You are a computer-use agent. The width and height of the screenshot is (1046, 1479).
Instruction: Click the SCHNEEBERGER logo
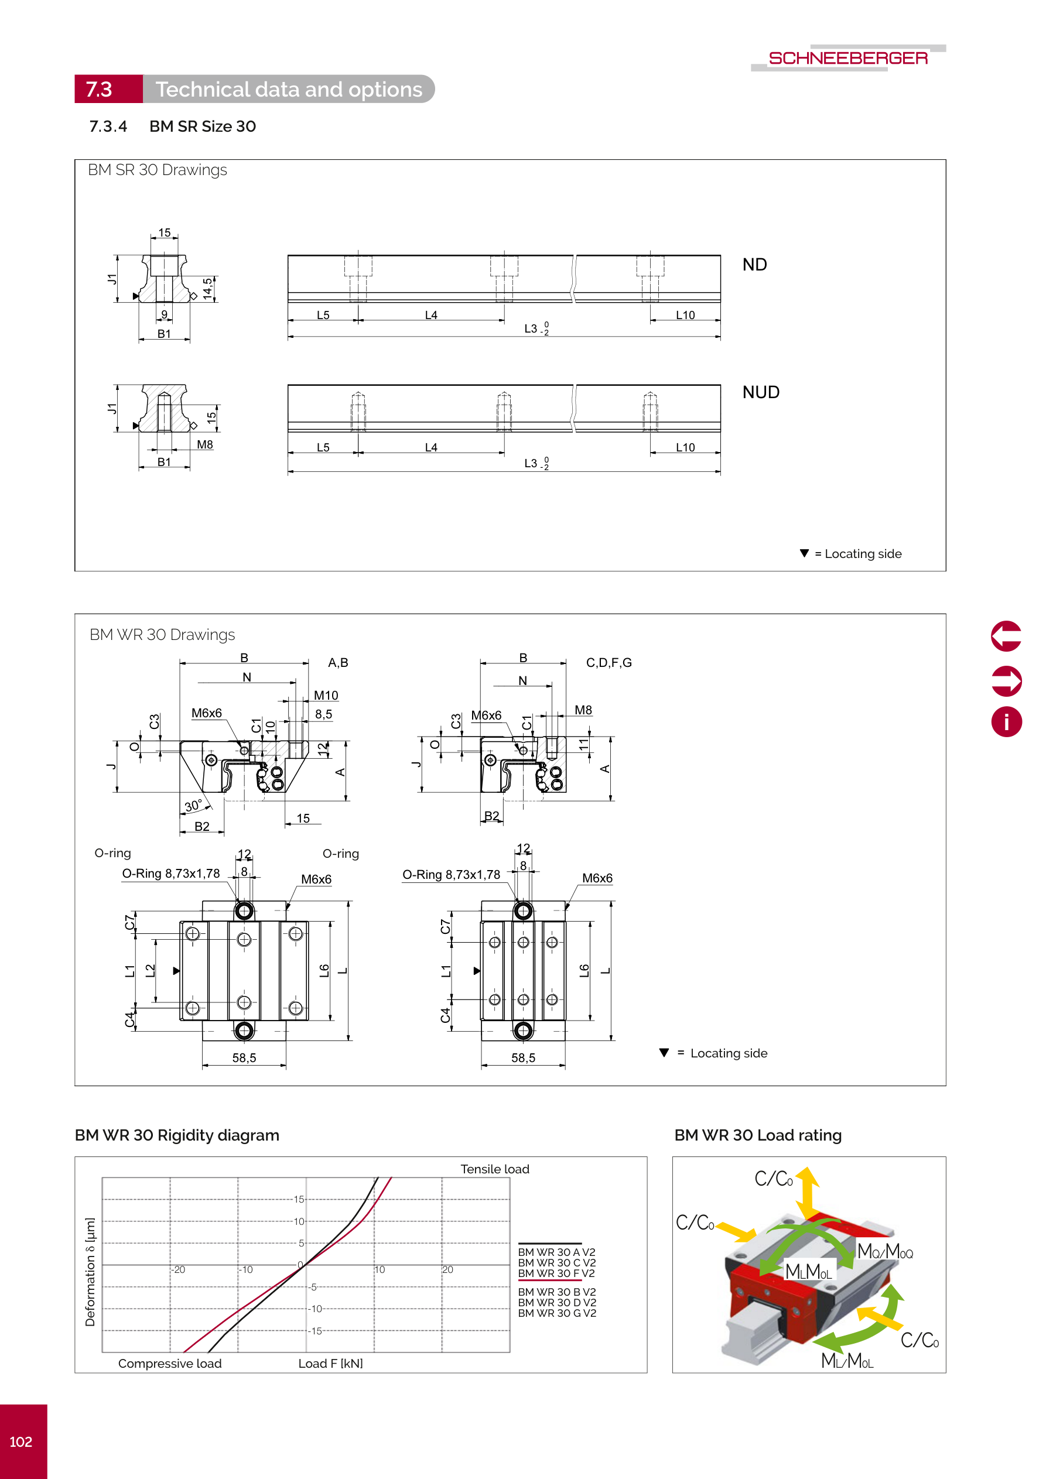[x=847, y=58]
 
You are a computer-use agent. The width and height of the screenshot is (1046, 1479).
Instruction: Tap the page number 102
[x=20, y=1442]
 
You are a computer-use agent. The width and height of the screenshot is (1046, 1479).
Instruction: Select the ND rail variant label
[x=754, y=265]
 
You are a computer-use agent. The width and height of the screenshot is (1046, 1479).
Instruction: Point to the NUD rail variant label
[x=761, y=392]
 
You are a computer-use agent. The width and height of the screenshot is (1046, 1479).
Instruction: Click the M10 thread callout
[x=326, y=696]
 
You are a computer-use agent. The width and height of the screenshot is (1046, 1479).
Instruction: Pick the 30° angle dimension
[x=193, y=806]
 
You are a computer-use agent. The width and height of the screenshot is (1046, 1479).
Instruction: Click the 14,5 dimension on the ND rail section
[x=207, y=288]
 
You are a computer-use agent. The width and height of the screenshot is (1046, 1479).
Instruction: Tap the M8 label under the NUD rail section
[x=205, y=444]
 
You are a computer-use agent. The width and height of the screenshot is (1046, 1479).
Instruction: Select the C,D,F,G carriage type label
[x=609, y=663]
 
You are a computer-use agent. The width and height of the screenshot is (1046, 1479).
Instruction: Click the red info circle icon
[x=1006, y=721]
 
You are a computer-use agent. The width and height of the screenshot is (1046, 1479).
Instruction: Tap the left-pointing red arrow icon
[x=1006, y=636]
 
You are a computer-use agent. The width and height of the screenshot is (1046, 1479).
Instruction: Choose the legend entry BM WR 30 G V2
[x=557, y=1313]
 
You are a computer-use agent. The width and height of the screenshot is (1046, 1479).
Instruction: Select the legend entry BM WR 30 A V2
[x=556, y=1252]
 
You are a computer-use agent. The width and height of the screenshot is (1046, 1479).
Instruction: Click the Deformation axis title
[x=90, y=1272]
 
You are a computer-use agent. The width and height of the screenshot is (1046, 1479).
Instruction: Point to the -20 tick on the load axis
[x=179, y=1269]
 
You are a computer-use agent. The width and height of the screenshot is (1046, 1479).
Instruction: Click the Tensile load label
[x=494, y=1169]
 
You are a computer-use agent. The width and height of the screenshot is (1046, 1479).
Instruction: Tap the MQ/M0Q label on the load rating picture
[x=884, y=1252]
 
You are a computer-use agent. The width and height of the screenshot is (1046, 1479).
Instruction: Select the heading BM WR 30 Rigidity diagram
[x=177, y=1135]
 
